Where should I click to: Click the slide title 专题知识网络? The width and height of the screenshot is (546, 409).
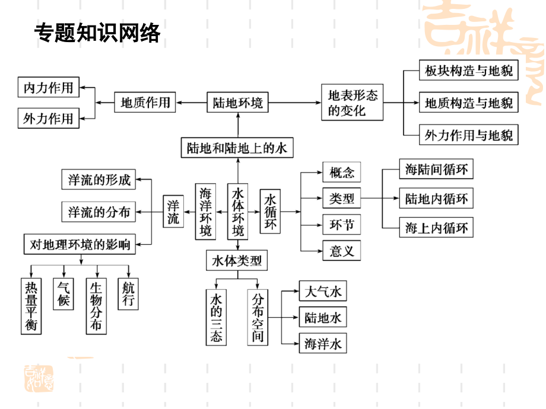tap(97, 33)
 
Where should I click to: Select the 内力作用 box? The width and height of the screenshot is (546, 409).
tap(48, 88)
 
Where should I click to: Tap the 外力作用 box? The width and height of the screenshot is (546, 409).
tap(48, 119)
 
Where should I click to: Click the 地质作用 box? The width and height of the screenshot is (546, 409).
tap(145, 103)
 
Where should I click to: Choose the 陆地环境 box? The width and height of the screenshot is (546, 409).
tap(238, 103)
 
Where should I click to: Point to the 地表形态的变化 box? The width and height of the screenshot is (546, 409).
tap(353, 103)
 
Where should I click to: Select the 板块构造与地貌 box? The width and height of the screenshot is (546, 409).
tap(469, 72)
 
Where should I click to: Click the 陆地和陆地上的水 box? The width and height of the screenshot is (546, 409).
tap(237, 148)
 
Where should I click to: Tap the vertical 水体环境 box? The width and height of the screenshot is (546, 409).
tap(238, 212)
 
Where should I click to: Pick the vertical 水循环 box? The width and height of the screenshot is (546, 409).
tap(271, 212)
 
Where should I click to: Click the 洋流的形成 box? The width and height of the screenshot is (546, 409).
tap(99, 179)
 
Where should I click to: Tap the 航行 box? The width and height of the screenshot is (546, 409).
tap(128, 295)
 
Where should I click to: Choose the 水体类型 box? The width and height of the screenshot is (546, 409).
tap(237, 260)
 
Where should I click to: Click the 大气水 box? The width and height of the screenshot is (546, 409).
tap(323, 292)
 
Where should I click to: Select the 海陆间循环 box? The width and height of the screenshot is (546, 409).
tap(436, 170)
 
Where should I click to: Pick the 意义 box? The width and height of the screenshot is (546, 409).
tap(341, 250)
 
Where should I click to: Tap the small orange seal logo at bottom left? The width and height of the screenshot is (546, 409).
tap(39, 377)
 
